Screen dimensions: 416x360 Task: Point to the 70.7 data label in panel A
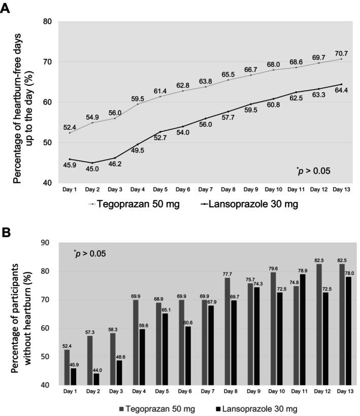click(341, 52)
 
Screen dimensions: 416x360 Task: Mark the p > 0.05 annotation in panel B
click(92, 253)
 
